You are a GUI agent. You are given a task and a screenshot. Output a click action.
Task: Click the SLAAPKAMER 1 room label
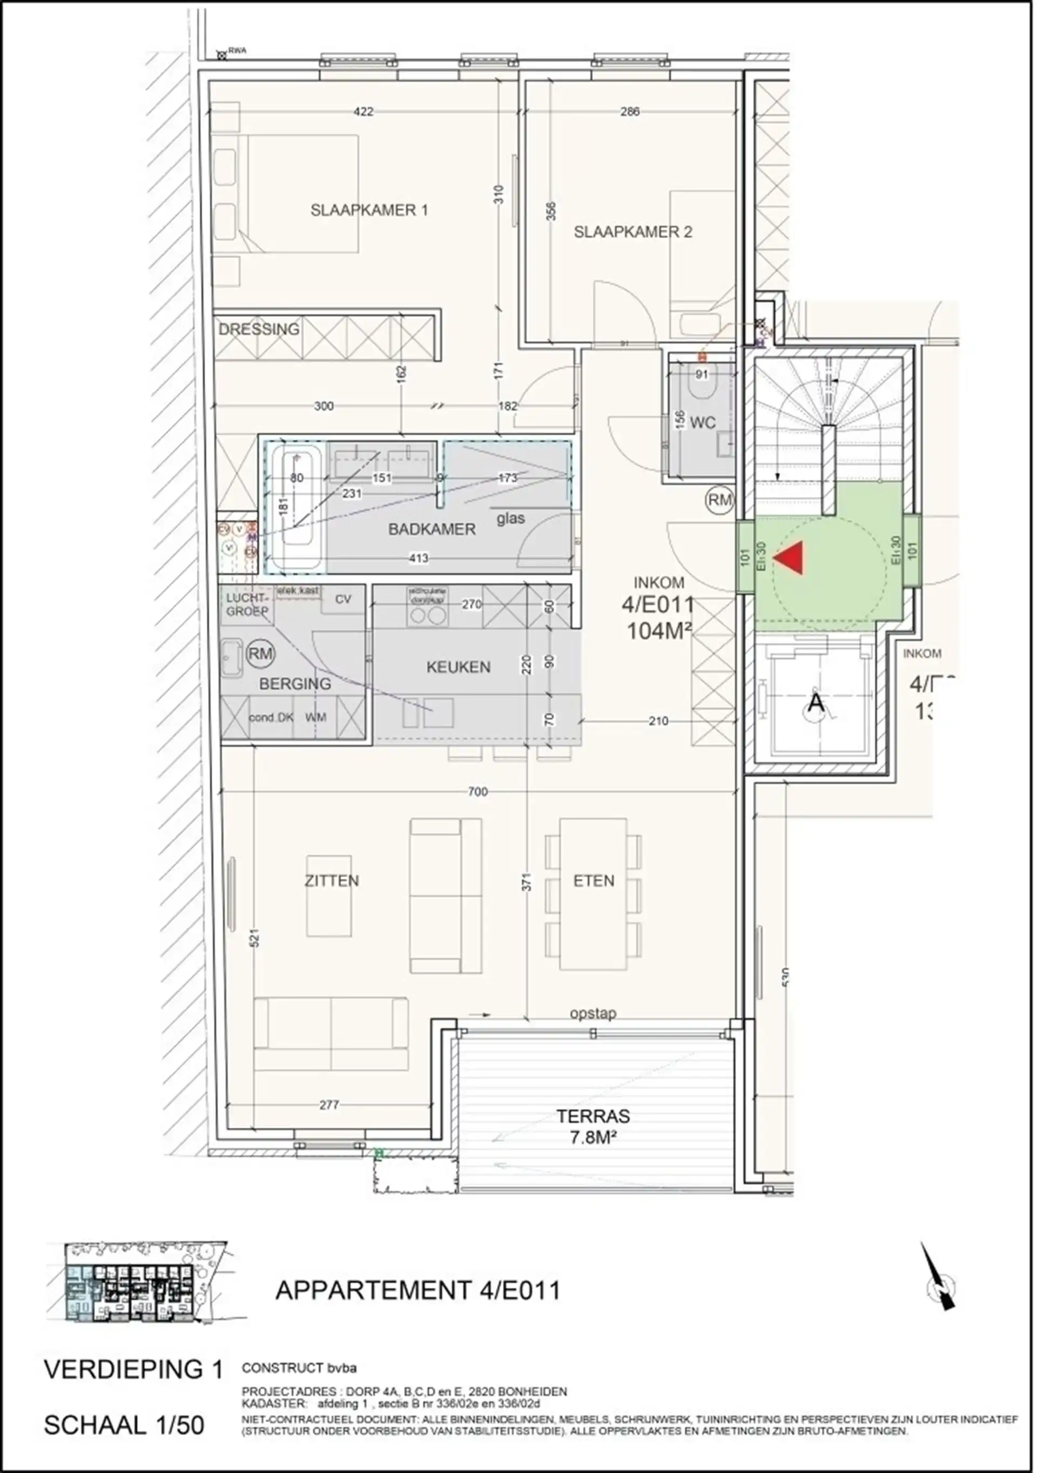[369, 210]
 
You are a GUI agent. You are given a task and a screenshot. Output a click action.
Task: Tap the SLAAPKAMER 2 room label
[632, 232]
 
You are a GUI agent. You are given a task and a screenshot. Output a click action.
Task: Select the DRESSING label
[259, 329]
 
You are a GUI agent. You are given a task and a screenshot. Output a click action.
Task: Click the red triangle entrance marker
[790, 557]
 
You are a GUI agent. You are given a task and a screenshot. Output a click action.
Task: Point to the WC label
[702, 423]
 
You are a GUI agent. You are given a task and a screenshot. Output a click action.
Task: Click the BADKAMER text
[432, 529]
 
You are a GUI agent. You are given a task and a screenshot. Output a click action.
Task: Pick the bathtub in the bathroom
[295, 507]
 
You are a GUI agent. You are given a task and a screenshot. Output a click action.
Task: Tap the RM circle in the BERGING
[260, 654]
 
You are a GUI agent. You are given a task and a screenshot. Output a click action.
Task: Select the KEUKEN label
[458, 667]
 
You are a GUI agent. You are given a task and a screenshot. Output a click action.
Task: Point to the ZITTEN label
[332, 881]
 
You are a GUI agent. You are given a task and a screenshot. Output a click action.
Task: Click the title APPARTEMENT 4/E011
[418, 1290]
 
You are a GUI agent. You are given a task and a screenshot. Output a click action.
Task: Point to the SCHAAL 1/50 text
[124, 1425]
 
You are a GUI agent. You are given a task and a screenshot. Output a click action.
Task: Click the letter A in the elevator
[815, 702]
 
